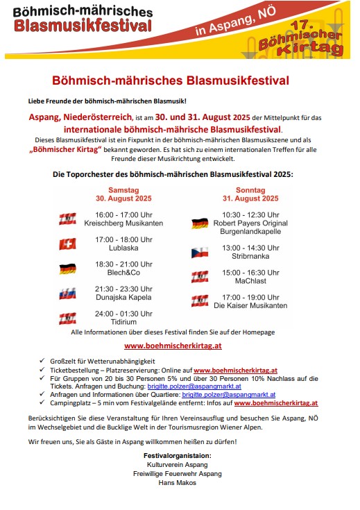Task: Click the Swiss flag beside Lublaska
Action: [x=67, y=244]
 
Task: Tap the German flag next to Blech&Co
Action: [x=67, y=269]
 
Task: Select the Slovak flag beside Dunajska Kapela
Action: [x=67, y=294]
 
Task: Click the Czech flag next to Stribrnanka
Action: [x=200, y=252]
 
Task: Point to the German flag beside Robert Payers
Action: [x=200, y=223]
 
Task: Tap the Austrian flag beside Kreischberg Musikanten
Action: [x=67, y=219]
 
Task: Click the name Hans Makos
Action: [x=178, y=483]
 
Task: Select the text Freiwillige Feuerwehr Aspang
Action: [x=178, y=473]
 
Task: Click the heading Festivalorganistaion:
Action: [x=178, y=454]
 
